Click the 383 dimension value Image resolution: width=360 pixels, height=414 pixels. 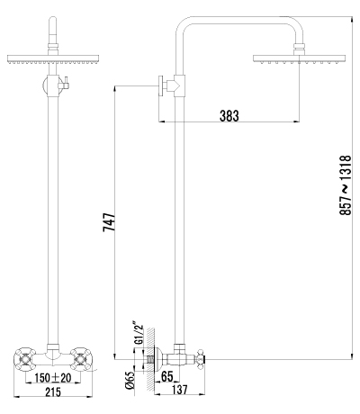coord(229,115)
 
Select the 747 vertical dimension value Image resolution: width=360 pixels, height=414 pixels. coord(109,222)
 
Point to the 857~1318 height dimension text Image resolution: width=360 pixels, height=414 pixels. coord(345,185)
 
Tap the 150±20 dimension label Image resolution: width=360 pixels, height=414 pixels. coord(53,378)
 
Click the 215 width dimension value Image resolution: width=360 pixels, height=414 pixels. coord(53,391)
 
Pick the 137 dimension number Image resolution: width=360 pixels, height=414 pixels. coord(180,390)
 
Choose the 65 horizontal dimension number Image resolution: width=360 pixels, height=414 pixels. coord(167,376)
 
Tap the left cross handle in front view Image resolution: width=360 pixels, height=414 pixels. coord(24,358)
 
